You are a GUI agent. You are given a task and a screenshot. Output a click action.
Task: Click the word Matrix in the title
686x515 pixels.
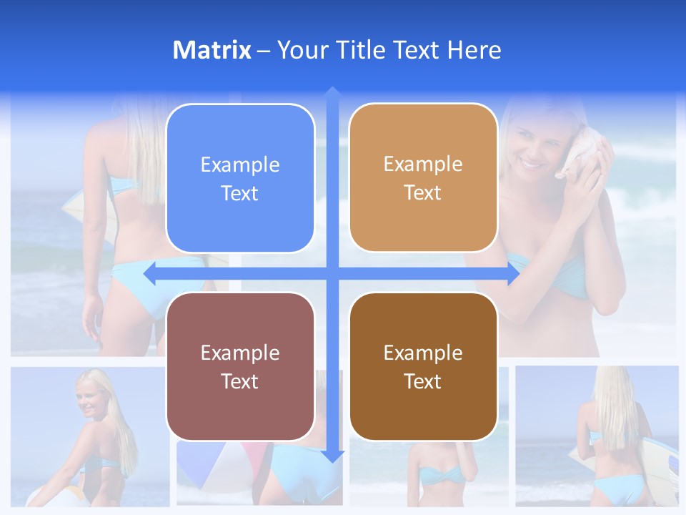212,50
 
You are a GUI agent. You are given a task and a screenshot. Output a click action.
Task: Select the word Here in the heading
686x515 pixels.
474,50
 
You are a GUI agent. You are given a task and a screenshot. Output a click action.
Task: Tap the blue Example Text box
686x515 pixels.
240,178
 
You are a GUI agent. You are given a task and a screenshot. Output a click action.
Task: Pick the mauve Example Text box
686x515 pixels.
240,366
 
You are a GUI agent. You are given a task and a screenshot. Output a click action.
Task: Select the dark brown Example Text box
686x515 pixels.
423,366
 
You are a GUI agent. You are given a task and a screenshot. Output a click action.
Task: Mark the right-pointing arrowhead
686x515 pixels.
512,274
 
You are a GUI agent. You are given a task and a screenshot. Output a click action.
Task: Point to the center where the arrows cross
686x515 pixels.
332,274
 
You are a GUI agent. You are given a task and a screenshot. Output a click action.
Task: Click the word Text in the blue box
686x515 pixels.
239,193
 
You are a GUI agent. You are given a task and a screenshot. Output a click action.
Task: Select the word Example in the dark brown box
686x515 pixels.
423,353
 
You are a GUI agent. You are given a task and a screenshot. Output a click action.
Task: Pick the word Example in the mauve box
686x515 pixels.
240,353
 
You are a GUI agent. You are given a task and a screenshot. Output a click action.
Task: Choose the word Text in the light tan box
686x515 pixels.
422,192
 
